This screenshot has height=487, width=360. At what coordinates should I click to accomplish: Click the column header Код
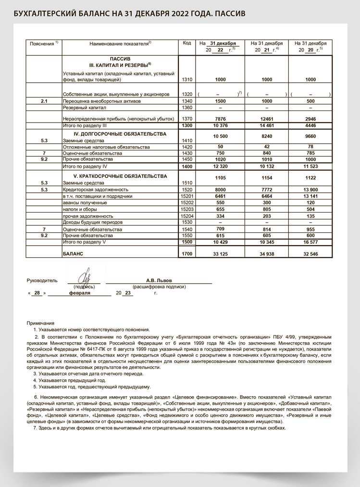[x=187, y=43]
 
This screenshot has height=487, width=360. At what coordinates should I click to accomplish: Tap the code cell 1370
[x=187, y=119]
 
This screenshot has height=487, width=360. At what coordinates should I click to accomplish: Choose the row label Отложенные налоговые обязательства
[x=99, y=147]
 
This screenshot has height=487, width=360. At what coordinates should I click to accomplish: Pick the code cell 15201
[x=187, y=196]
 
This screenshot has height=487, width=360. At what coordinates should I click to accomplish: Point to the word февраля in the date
[x=80, y=292]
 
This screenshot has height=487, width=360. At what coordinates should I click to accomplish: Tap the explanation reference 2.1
[x=44, y=101]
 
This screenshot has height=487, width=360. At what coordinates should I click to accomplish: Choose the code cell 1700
[x=187, y=253]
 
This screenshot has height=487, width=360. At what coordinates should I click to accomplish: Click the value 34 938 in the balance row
[x=266, y=253]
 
